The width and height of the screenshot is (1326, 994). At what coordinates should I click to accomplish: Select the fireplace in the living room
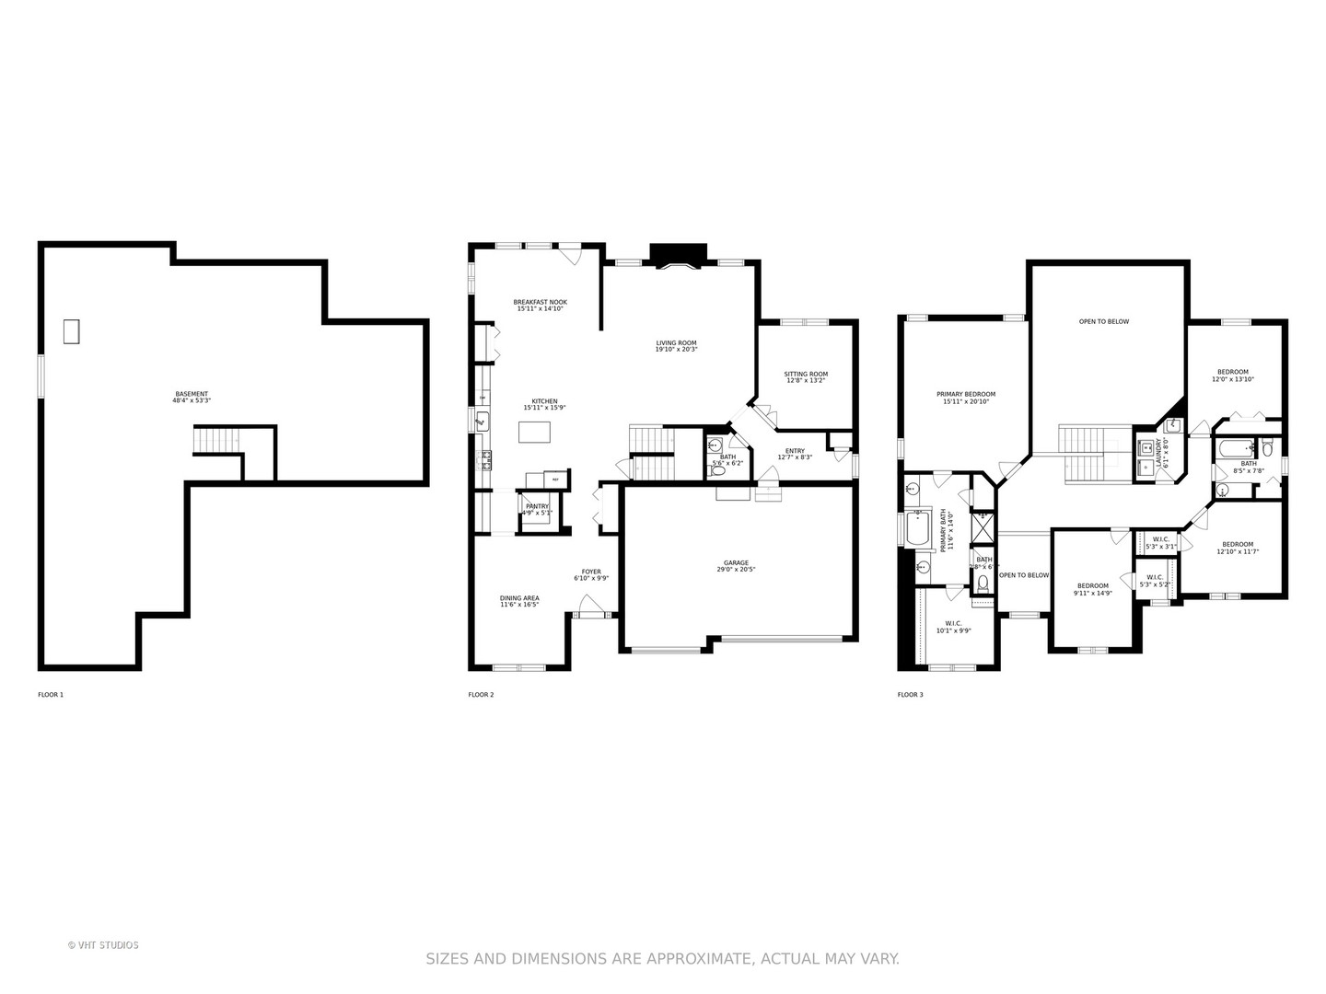(678, 257)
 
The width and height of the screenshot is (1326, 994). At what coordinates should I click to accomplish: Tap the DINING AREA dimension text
(519, 605)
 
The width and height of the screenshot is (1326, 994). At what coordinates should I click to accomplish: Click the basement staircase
(217, 441)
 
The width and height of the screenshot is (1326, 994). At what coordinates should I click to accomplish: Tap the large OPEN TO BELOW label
(1103, 322)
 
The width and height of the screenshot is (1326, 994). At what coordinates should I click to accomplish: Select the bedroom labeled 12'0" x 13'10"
(1233, 376)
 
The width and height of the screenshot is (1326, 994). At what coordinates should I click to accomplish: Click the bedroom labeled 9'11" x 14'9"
(1093, 589)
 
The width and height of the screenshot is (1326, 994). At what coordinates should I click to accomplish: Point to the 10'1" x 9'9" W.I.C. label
(953, 627)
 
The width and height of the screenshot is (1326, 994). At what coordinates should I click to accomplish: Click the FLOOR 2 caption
(481, 695)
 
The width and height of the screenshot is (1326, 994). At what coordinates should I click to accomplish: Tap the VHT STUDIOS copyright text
(103, 945)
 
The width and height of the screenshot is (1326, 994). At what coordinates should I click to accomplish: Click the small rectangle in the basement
(71, 331)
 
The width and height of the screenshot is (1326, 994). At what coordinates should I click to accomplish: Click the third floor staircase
(1094, 454)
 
